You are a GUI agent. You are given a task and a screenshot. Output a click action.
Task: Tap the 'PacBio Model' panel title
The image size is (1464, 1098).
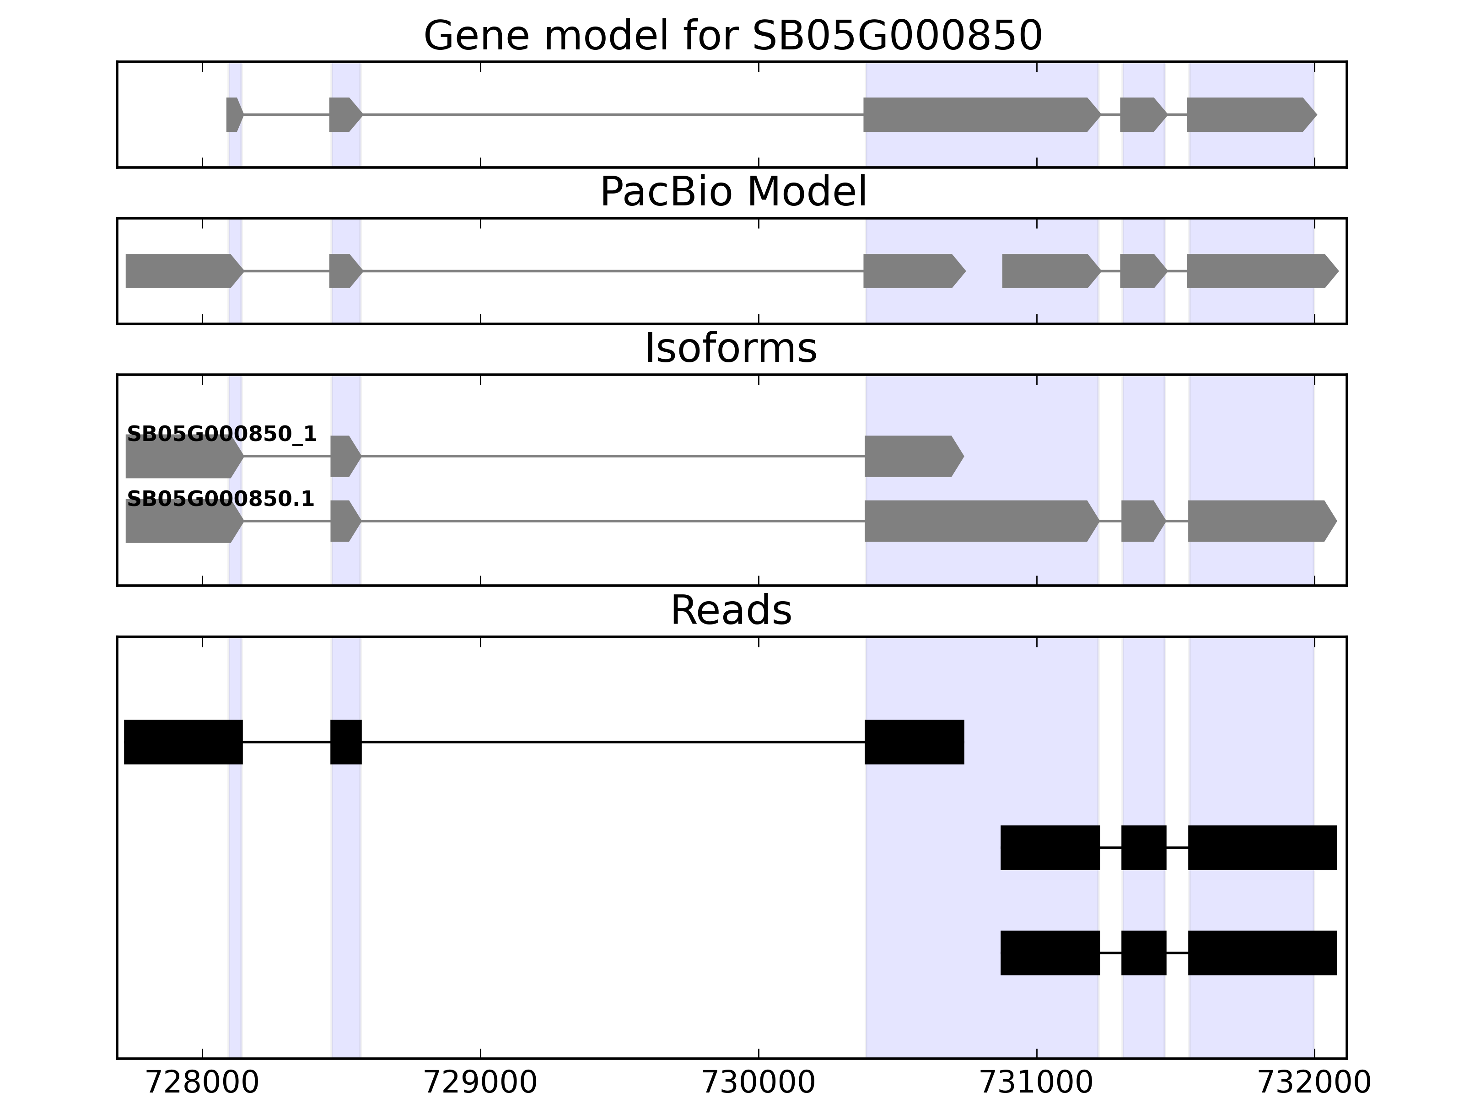pyautogui.click(x=732, y=192)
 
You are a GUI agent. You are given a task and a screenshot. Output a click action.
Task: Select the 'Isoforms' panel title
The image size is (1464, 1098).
pyautogui.click(x=731, y=348)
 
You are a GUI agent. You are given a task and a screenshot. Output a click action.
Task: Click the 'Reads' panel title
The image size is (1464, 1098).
pyautogui.click(x=731, y=610)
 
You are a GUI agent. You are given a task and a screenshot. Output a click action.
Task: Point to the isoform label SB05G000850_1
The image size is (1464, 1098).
pyautogui.click(x=222, y=434)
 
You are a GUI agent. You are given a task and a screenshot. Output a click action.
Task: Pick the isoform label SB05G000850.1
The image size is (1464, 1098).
pyautogui.click(x=221, y=499)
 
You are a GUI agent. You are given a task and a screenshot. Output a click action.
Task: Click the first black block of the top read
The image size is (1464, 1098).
pyautogui.click(x=183, y=742)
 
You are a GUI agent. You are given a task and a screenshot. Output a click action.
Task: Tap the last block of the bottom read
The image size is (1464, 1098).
pyautogui.click(x=1262, y=953)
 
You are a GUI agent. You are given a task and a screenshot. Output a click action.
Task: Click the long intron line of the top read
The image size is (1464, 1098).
pyautogui.click(x=612, y=742)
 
